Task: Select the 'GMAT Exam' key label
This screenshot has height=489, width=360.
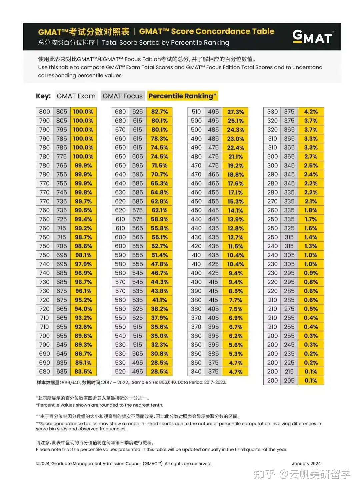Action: [x=76, y=96]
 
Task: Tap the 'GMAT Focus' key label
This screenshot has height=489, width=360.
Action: [x=122, y=96]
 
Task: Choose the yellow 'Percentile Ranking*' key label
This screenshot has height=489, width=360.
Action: [x=182, y=96]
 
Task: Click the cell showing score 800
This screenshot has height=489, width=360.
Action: [x=44, y=112]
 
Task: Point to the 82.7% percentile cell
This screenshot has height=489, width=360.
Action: [x=159, y=112]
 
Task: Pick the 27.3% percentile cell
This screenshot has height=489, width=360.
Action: [x=235, y=112]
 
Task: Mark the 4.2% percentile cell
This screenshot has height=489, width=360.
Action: [x=311, y=112]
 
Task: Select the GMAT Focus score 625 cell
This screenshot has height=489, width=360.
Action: [x=137, y=112]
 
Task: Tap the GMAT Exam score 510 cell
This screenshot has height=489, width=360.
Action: [x=196, y=112]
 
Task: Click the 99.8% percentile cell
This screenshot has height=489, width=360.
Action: [x=83, y=192]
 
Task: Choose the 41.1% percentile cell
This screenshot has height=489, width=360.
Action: [x=159, y=300]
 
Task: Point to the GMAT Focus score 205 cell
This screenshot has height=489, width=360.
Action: [x=289, y=380]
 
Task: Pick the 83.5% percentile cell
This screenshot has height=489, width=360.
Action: [x=83, y=372]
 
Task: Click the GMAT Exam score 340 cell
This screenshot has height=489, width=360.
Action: [x=196, y=372]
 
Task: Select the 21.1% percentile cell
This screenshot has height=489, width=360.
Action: [x=235, y=156]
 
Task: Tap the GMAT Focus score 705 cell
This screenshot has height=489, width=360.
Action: [x=62, y=246]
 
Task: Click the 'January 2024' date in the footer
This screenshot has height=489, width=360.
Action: [x=306, y=463]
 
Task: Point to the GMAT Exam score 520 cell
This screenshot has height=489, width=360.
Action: [x=120, y=372]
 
